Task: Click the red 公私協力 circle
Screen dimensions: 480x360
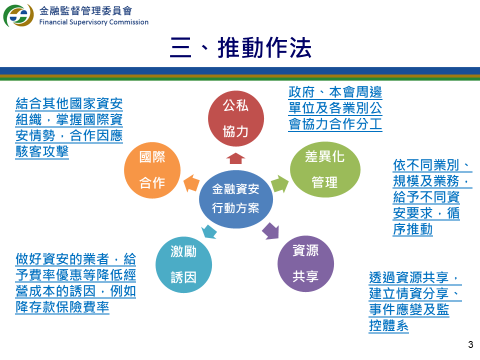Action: pyautogui.click(x=236, y=119)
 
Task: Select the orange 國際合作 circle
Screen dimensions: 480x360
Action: pyautogui.click(x=152, y=170)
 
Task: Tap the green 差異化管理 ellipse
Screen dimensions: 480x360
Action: pyautogui.click(x=325, y=169)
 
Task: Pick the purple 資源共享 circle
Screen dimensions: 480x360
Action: pyautogui.click(x=306, y=264)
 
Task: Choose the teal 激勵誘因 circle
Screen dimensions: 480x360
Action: pyautogui.click(x=184, y=265)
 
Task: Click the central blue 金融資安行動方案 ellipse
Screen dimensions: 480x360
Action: pyautogui.click(x=236, y=199)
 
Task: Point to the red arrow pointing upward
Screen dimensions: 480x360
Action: pyautogui.click(x=236, y=159)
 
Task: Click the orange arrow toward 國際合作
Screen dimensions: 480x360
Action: pyautogui.click(x=191, y=183)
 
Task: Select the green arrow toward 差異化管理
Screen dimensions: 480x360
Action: pyautogui.click(x=280, y=184)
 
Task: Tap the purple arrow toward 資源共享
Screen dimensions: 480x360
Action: pyautogui.click(x=271, y=231)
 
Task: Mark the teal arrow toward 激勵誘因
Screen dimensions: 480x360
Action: pyautogui.click(x=209, y=232)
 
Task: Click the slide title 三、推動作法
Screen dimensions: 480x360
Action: pyautogui.click(x=241, y=48)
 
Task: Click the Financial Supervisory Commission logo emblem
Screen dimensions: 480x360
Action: pyautogui.click(x=19, y=15)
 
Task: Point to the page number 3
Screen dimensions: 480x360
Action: pyautogui.click(x=470, y=344)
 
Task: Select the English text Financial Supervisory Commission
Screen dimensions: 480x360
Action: pyautogui.click(x=94, y=22)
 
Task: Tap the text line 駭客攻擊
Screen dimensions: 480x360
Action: pyautogui.click(x=42, y=151)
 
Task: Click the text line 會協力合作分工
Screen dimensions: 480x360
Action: pyautogui.click(x=335, y=124)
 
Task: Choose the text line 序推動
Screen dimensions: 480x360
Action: pyautogui.click(x=413, y=229)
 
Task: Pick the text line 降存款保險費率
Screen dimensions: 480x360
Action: pyautogui.click(x=62, y=307)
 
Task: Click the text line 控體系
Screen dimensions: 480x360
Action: pyautogui.click(x=389, y=325)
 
